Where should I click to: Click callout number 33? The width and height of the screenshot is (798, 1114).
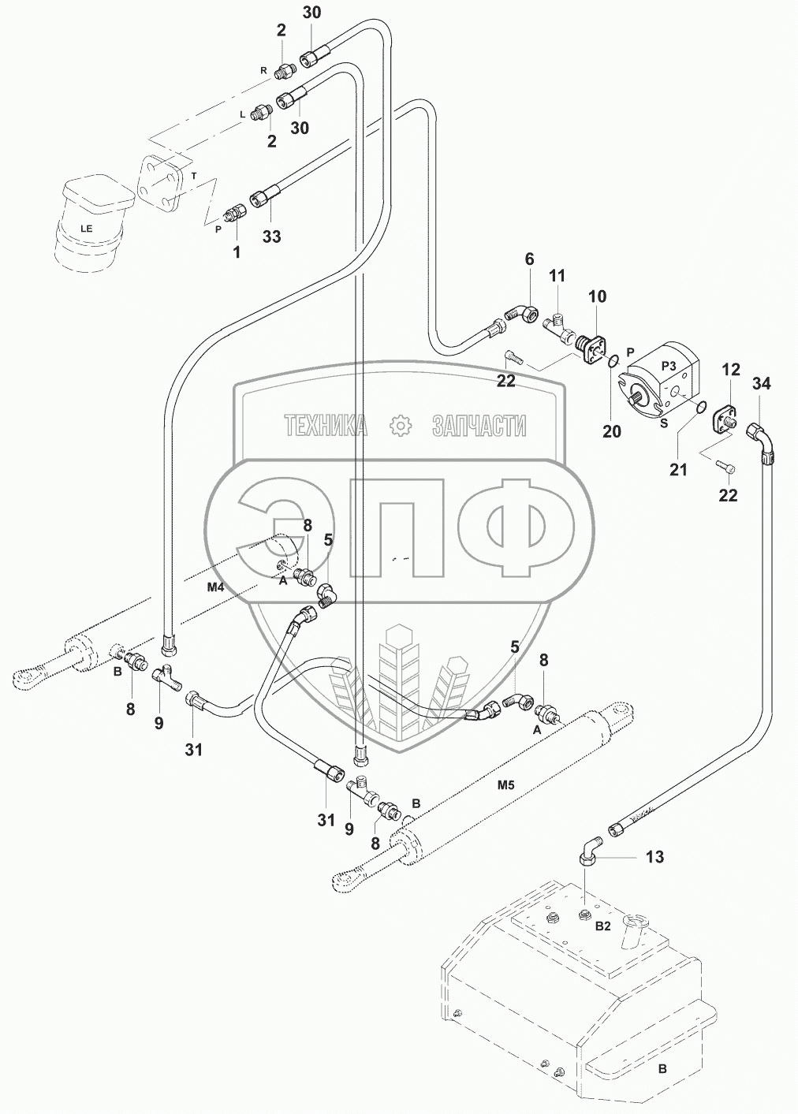click(x=271, y=236)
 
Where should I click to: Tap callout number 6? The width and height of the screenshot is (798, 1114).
click(x=529, y=259)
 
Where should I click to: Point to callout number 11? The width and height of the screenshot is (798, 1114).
click(x=557, y=276)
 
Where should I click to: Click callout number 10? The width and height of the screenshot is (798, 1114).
click(x=597, y=296)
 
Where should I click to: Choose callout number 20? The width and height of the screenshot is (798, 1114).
click(x=612, y=431)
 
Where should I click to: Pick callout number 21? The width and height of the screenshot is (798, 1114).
click(x=678, y=470)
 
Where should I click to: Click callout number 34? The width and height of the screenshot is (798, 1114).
click(x=761, y=384)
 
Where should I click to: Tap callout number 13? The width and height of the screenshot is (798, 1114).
click(x=654, y=856)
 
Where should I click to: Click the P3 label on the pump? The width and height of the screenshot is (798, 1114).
click(x=669, y=365)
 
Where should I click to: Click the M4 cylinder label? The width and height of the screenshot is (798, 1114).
click(x=216, y=587)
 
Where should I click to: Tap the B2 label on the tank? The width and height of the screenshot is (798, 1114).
click(x=602, y=928)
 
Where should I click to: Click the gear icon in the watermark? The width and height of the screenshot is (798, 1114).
click(x=401, y=426)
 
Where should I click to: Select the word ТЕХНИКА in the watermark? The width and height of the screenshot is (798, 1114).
click(x=326, y=427)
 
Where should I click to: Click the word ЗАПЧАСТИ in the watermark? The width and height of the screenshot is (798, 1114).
click(x=479, y=427)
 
